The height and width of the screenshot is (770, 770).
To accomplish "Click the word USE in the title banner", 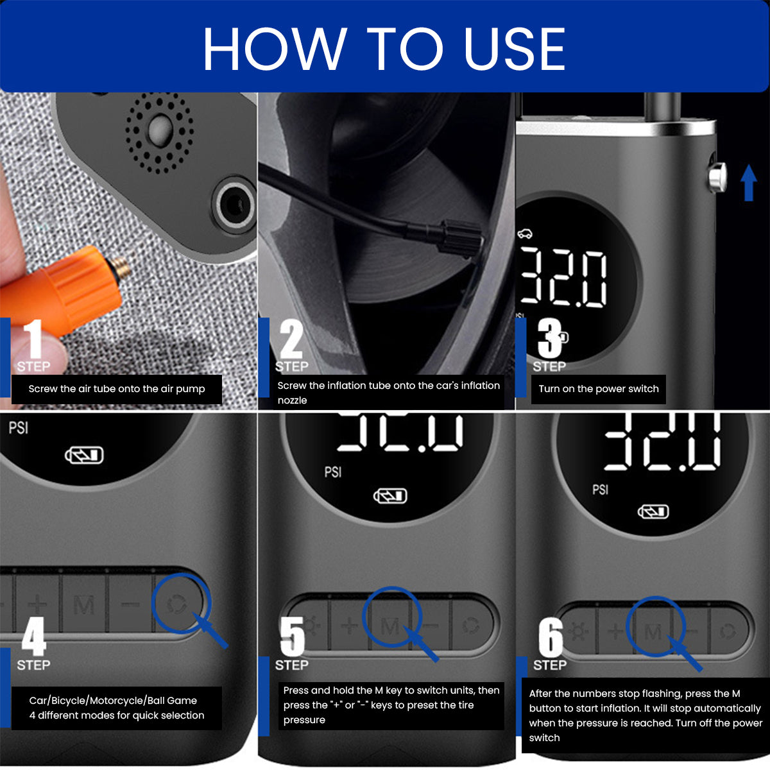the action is pos(515,49).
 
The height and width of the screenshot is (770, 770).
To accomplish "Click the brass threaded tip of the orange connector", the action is pos(121,268).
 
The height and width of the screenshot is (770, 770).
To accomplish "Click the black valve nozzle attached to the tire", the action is pos(461,238).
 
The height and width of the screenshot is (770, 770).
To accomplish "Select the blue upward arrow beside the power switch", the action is pos(748,182).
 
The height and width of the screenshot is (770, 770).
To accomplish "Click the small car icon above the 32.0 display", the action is pos(525,234).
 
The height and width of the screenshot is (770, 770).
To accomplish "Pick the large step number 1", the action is pos(33,338).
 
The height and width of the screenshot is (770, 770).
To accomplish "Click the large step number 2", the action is pos(291,338).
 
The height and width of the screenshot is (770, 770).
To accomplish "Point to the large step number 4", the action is pos(34,636).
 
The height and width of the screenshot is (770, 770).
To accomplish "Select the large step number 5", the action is pos(293,636).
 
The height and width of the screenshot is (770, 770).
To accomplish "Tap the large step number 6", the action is pos(551,636).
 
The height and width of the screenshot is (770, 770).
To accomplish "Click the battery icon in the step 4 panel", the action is pos(84,455).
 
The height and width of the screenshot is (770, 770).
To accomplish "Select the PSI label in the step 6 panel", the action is pos(600,490).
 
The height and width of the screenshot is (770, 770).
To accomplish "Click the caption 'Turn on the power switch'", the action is pos(599,389).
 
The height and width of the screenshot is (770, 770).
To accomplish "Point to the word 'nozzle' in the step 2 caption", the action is pos(292,400).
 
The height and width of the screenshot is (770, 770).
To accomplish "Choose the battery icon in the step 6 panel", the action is pos(653,512).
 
